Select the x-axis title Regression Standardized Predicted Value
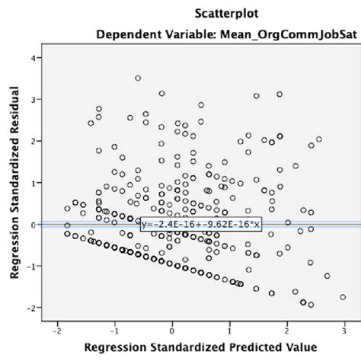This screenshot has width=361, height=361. [201, 347]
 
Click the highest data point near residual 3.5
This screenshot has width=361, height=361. [138, 78]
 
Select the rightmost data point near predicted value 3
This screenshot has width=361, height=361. [343, 297]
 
